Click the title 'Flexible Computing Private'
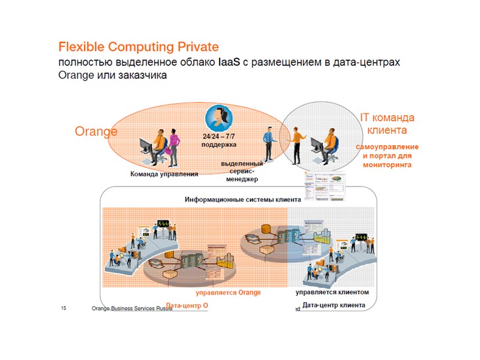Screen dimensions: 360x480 [138, 47]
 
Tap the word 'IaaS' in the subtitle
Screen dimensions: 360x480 [229, 62]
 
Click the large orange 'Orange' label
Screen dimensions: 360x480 [95, 131]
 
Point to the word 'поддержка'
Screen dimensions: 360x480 [218, 145]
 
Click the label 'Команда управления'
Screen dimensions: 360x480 [164, 175]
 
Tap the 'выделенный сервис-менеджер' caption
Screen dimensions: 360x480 [242, 171]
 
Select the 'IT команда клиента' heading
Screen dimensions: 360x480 [387, 124]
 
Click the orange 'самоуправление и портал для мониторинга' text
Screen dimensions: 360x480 [387, 155]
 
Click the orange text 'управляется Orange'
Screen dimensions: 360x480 [229, 293]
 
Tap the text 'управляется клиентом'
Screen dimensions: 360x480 [332, 292]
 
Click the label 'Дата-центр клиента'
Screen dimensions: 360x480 [334, 305]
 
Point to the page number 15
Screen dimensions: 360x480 [64, 308]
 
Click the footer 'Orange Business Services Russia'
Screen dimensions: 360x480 [131, 308]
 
